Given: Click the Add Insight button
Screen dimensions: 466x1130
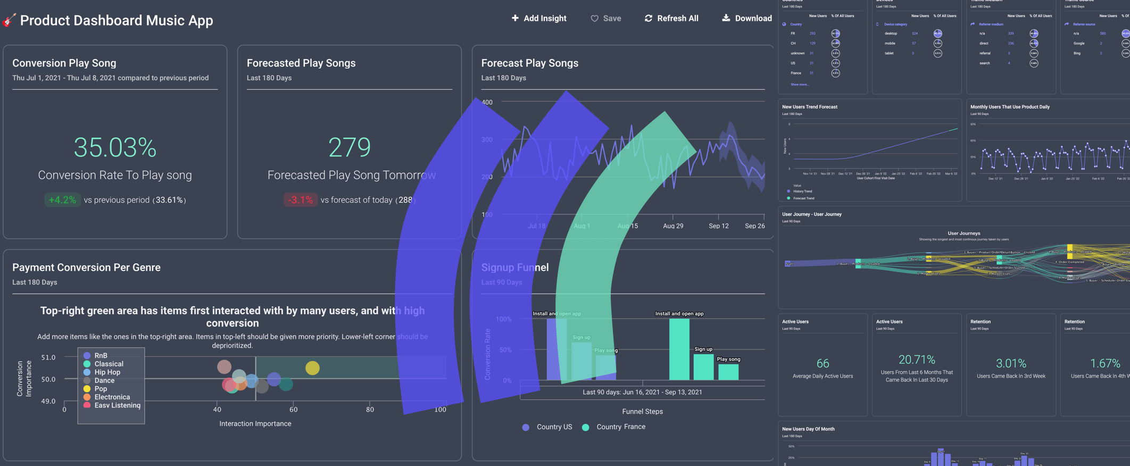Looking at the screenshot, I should pos(539,19).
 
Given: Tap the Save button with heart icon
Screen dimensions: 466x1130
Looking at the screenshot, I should pos(605,19).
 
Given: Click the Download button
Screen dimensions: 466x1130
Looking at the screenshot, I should pos(746,19).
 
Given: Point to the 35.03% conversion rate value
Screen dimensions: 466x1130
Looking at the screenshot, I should pos(115,147).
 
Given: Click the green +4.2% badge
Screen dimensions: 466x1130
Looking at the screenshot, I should pos(62,200).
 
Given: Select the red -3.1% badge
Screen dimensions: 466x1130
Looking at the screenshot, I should pos(300,200).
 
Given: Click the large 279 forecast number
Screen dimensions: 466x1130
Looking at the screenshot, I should pos(349,147).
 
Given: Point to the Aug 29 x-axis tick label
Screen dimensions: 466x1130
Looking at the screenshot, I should pos(673,226).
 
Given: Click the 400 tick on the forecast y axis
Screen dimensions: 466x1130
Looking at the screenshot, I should pos(487,102).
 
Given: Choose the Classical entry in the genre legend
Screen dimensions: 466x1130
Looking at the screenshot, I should pos(109,364).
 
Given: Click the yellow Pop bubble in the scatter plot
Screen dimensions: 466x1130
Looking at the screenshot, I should pos(312,368).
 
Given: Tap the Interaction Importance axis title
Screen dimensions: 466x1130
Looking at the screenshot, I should pos(255,424).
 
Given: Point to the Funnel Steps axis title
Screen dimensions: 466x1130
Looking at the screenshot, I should pos(642,412).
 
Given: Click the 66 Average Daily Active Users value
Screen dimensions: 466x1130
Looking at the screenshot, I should pos(822,363).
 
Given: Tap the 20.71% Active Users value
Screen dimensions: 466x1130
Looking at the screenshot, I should pos(917,360).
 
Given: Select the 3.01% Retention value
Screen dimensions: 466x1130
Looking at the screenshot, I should pos(1011,363).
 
